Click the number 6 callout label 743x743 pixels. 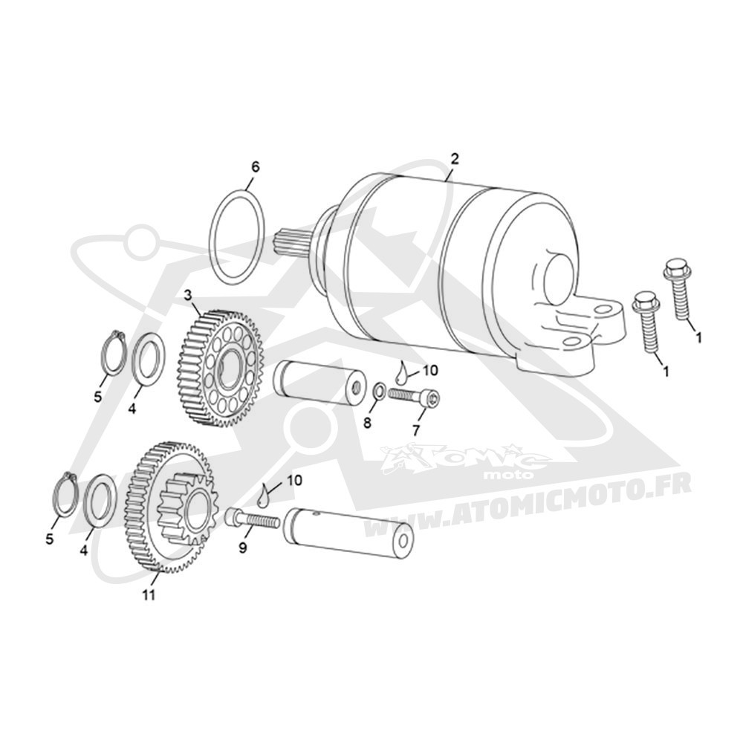[255, 166]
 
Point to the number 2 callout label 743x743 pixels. [455, 159]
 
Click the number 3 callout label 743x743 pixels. [188, 296]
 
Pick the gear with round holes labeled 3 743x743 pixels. [221, 369]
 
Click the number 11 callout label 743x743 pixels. [149, 595]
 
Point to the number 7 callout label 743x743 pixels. [416, 429]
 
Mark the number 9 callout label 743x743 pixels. [243, 548]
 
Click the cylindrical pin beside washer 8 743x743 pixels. [319, 383]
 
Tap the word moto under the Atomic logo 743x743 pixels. [514, 474]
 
